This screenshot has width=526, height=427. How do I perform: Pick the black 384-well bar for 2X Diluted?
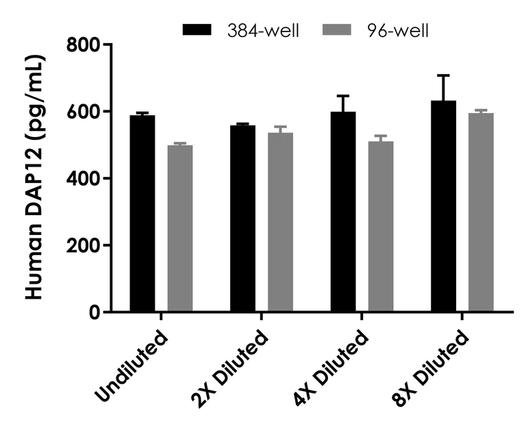coord(242,219)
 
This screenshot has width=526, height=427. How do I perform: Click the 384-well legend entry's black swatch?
coord(199,30)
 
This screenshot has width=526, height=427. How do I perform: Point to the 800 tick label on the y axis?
coord(84,45)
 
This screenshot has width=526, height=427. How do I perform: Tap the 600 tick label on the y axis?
coord(84,112)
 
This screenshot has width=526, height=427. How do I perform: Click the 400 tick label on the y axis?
coord(84,179)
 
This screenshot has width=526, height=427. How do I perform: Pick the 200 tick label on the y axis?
coord(84,245)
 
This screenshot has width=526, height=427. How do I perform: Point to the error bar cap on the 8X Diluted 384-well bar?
coord(443,75)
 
